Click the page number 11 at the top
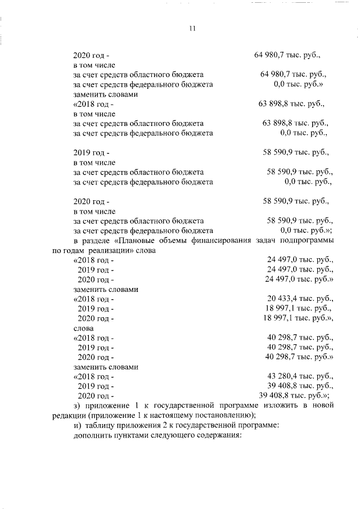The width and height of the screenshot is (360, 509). click(192, 30)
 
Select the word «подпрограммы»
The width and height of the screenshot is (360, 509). click(304, 241)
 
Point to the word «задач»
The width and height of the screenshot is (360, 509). click(268, 241)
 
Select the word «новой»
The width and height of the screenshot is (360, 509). click(318, 406)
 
